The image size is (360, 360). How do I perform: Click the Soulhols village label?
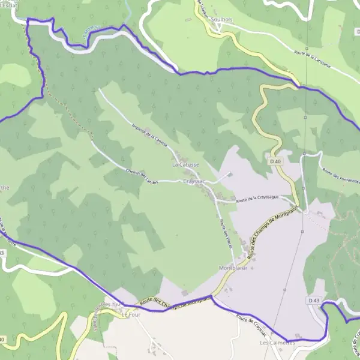(x=225, y=20)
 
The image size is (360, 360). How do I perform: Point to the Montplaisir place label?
(x=234, y=268)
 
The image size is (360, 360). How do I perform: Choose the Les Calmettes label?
(x=276, y=343)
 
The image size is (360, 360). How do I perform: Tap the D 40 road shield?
(x=275, y=161)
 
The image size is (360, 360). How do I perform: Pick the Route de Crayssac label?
(x=251, y=324)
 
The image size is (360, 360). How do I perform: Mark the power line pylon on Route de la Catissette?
(x=306, y=49)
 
